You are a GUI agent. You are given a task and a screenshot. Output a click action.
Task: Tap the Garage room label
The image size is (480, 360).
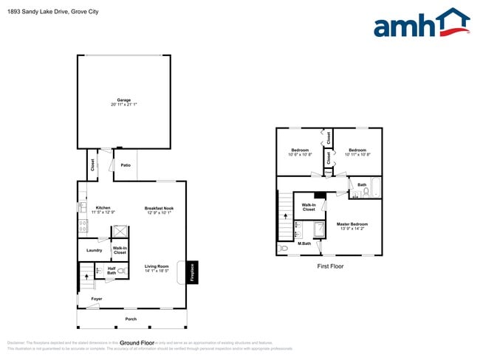tap(124, 100)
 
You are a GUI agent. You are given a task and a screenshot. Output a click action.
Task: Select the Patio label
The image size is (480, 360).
tap(126, 165)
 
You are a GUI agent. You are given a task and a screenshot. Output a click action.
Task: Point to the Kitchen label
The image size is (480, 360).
tap(103, 208)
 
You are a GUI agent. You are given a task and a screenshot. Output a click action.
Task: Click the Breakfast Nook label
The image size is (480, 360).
tap(159, 208)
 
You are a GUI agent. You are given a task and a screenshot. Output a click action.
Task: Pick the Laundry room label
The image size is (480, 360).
tap(95, 251)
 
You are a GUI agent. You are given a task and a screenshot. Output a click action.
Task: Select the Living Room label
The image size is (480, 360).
tap(157, 266)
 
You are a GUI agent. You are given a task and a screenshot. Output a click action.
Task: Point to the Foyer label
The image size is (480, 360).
tap(97, 299)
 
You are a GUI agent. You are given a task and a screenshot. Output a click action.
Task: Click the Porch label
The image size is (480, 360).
tap(131, 319)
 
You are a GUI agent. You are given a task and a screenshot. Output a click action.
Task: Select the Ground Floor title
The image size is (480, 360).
tap(137, 343)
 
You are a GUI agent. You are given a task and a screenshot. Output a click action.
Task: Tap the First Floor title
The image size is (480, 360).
tap(330, 266)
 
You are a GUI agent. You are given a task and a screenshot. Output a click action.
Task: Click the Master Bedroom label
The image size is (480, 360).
tap(352, 224)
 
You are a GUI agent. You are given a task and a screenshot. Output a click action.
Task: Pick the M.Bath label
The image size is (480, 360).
tap(304, 243)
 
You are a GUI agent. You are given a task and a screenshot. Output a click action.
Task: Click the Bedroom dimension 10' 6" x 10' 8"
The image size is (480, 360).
tap(300, 155)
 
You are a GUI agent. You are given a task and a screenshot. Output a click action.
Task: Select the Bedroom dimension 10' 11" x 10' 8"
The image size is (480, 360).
tap(357, 155)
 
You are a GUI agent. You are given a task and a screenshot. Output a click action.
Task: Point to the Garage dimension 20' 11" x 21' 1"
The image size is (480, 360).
tap(124, 105)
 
